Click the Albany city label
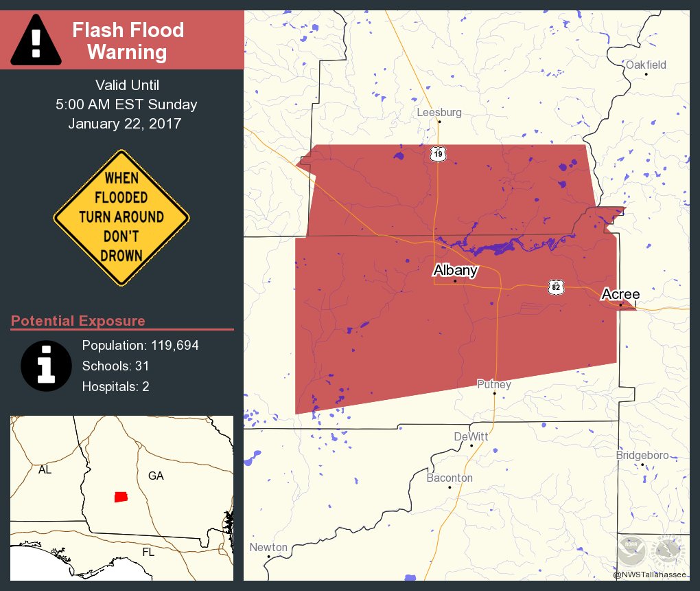coord(455,270)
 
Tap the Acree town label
coord(620,295)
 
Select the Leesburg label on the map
coord(439,113)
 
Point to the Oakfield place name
coord(646,65)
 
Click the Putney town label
coord(494,385)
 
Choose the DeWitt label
coord(471,437)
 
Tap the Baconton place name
coord(450,478)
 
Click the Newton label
coord(268,548)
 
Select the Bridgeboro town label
coord(642,456)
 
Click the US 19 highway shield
coord(438,154)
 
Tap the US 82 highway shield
coord(556,287)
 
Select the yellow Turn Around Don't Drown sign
coord(121,217)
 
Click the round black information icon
coord(47,365)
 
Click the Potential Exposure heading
coord(78,321)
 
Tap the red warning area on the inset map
coord(121,496)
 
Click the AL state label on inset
coord(45,471)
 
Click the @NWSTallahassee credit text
coord(649,575)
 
